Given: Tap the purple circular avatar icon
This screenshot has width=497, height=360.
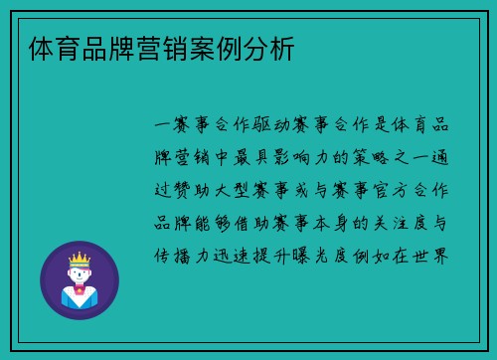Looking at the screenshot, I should pyautogui.click(x=80, y=279).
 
